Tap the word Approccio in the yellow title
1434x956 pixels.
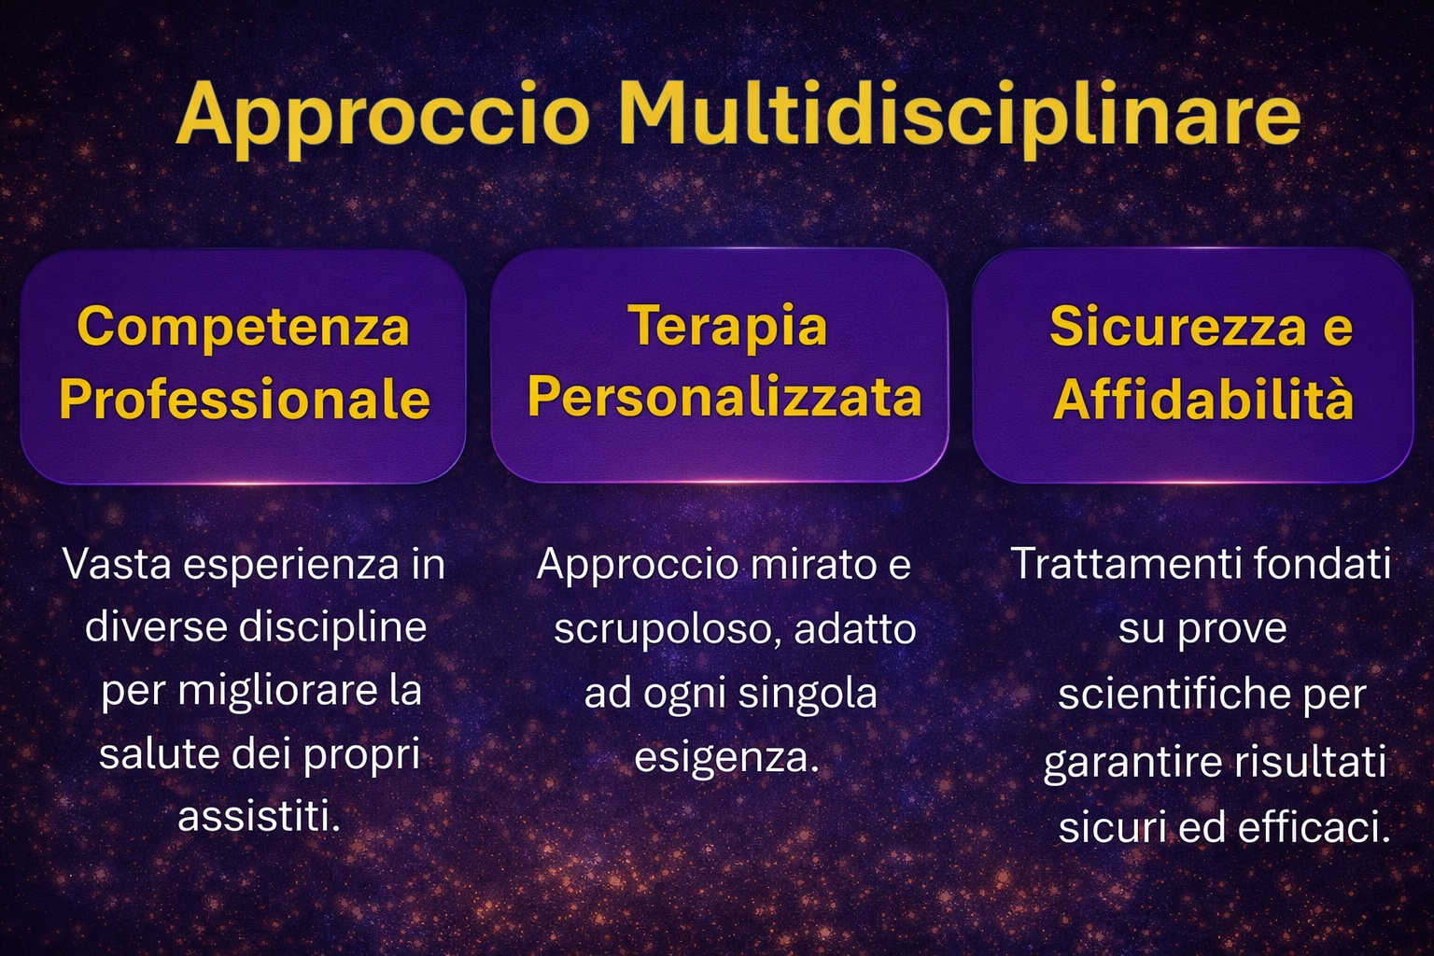[x=383, y=119]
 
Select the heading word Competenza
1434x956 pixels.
[x=244, y=327]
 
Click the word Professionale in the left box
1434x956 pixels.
[x=245, y=399]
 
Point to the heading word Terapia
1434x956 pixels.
[x=728, y=326]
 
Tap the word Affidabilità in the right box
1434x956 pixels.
[x=1202, y=399]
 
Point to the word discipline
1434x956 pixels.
[x=332, y=628]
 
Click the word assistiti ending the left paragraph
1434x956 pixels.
[x=258, y=816]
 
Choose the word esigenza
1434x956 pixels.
[x=726, y=758]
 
